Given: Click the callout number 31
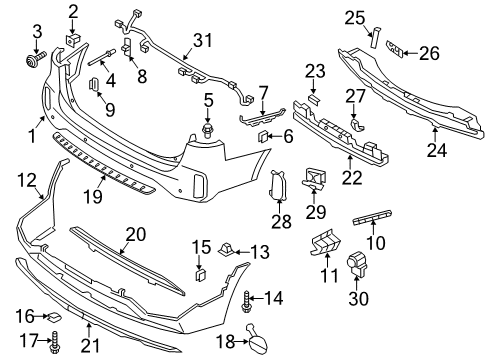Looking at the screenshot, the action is point(203,40).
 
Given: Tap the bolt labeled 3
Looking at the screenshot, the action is point(34,60).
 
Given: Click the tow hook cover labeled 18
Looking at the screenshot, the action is point(256,338).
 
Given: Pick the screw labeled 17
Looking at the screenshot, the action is point(54,342).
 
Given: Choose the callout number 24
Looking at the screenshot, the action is point(437,150).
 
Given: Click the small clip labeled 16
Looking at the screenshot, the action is point(53,317).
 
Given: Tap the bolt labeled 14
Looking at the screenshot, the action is point(246,301).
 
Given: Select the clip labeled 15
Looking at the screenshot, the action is point(200,275).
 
